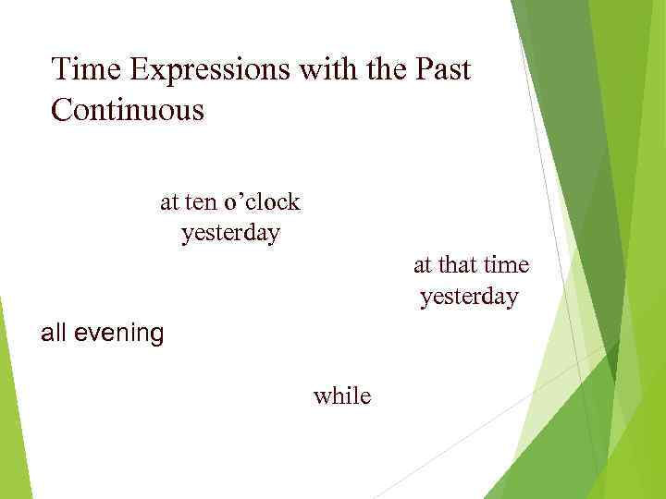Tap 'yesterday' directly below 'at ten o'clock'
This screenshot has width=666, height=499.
(230, 233)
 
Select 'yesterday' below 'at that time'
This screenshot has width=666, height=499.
(469, 298)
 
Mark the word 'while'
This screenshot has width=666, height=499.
(342, 396)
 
